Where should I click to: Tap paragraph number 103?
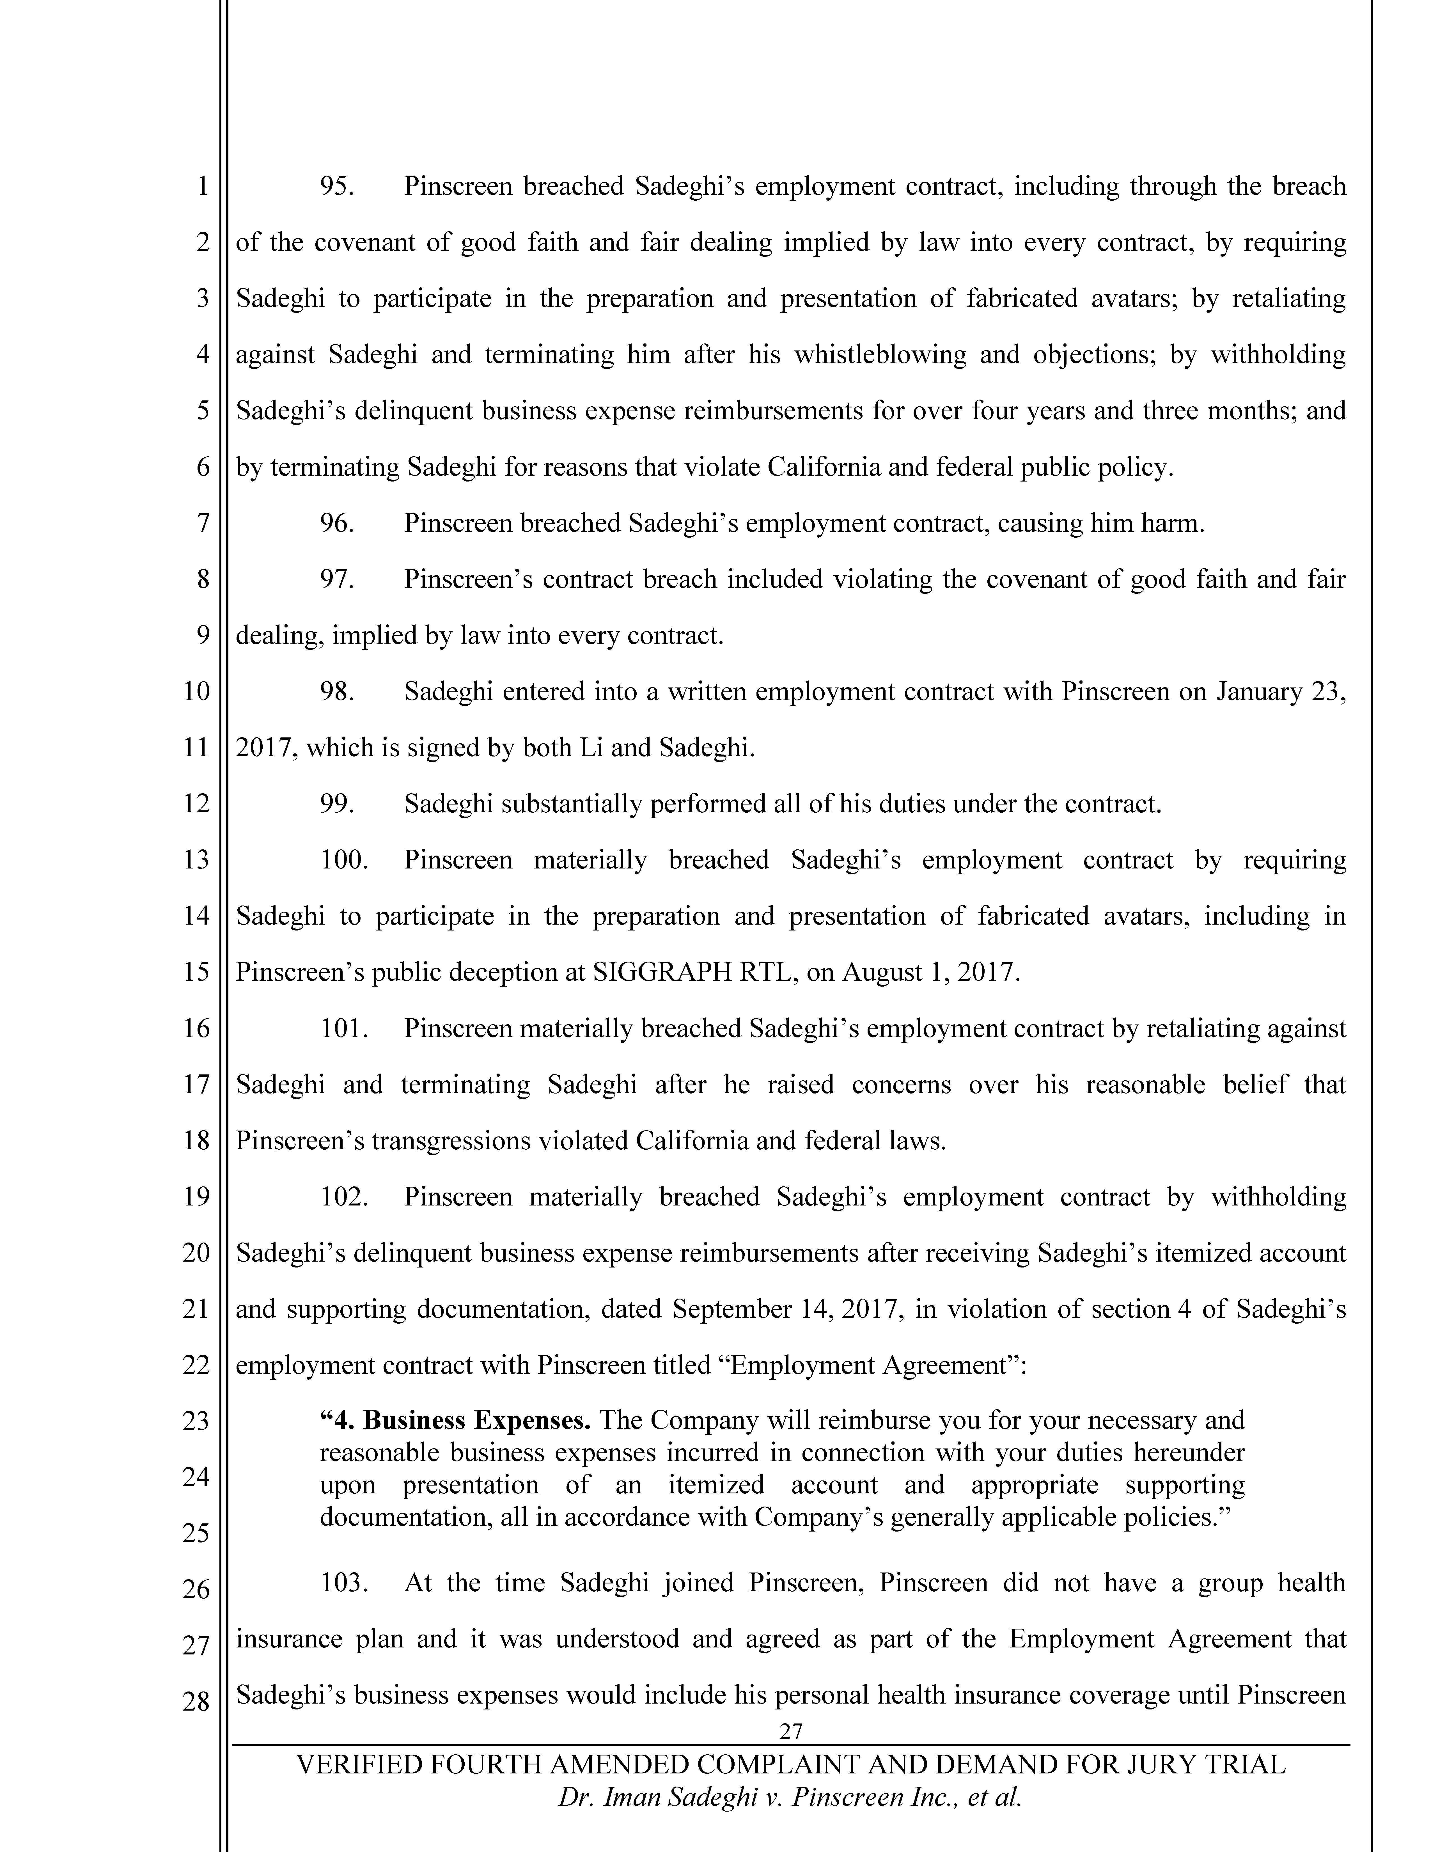point(343,1582)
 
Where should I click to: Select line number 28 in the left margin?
point(196,1700)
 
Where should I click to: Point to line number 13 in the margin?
point(196,860)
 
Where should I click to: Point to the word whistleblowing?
point(880,354)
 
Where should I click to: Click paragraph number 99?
point(336,804)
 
